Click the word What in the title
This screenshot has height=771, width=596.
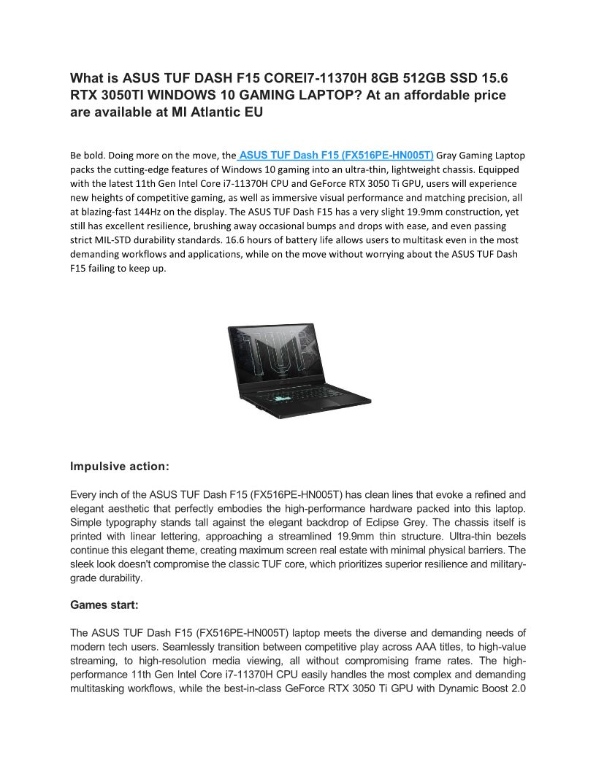tap(85, 78)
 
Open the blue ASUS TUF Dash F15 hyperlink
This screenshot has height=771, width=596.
tap(336, 156)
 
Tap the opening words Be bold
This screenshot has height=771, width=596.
tap(85, 156)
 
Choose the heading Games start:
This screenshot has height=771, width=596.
tap(104, 605)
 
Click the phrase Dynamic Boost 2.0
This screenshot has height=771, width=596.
tap(483, 688)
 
